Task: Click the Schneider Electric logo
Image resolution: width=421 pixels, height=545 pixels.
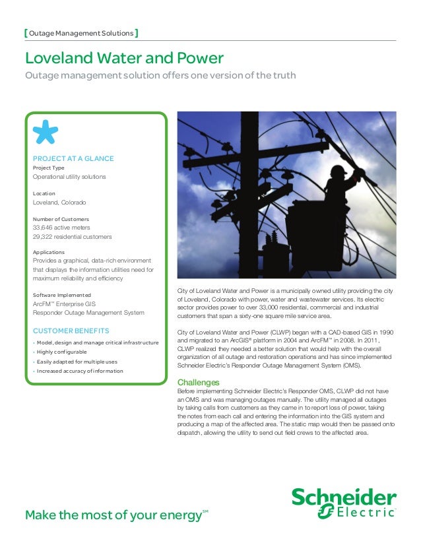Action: (344, 503)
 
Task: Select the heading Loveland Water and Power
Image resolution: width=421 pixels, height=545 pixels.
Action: (123, 59)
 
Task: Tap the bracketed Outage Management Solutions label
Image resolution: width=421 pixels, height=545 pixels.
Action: (80, 34)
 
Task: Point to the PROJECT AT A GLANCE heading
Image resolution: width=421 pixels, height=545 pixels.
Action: (73, 158)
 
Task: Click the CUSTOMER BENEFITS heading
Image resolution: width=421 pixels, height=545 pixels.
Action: (71, 330)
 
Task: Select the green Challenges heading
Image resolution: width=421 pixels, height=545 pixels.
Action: (199, 382)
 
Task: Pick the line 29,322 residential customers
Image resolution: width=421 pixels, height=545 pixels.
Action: (72, 236)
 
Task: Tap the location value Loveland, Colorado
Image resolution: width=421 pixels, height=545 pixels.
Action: (59, 202)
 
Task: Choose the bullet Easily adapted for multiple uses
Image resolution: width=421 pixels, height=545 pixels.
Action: (78, 362)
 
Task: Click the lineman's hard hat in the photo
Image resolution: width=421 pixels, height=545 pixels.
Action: (339, 170)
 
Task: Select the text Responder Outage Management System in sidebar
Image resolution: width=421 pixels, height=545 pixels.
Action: (88, 312)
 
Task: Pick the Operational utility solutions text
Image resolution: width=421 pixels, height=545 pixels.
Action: (69, 177)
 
